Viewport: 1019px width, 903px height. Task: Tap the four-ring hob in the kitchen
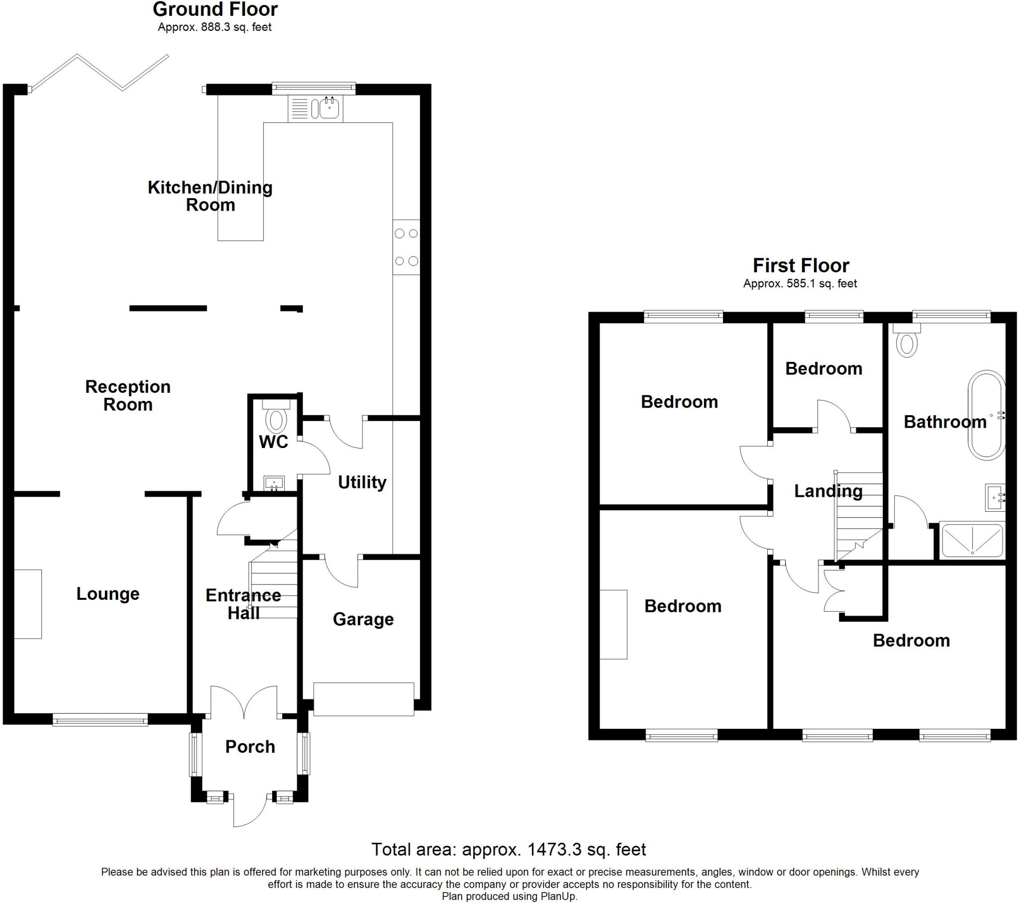(407, 247)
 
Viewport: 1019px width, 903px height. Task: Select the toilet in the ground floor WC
(276, 418)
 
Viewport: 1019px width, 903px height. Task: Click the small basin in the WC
(274, 482)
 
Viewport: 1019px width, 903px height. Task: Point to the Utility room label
(362, 482)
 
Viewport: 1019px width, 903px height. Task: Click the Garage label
(363, 619)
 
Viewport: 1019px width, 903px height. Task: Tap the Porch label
(250, 746)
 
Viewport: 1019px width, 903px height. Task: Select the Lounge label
(107, 594)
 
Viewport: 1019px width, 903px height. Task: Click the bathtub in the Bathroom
(987, 415)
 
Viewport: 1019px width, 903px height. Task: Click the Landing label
(828, 491)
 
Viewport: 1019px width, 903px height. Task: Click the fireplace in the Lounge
(27, 604)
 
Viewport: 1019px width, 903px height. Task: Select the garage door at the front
(363, 699)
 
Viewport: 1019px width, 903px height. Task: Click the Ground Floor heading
(215, 9)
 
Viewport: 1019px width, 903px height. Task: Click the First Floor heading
(801, 265)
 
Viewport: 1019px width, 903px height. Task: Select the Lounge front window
(100, 719)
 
